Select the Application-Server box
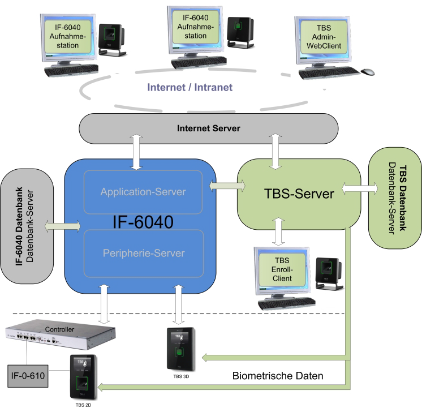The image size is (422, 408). (x=143, y=192)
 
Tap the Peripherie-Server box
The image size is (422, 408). (x=143, y=254)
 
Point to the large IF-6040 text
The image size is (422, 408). (x=143, y=221)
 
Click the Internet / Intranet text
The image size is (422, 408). (x=190, y=88)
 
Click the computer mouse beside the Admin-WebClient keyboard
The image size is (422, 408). (x=368, y=72)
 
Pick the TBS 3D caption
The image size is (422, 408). (x=181, y=375)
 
